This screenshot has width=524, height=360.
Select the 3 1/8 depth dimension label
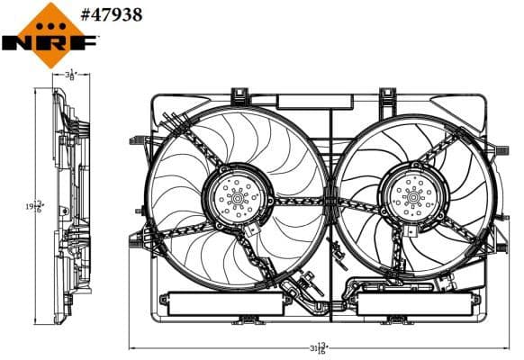71,76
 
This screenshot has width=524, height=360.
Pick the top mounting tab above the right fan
388,94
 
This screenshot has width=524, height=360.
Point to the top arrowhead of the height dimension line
35,91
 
